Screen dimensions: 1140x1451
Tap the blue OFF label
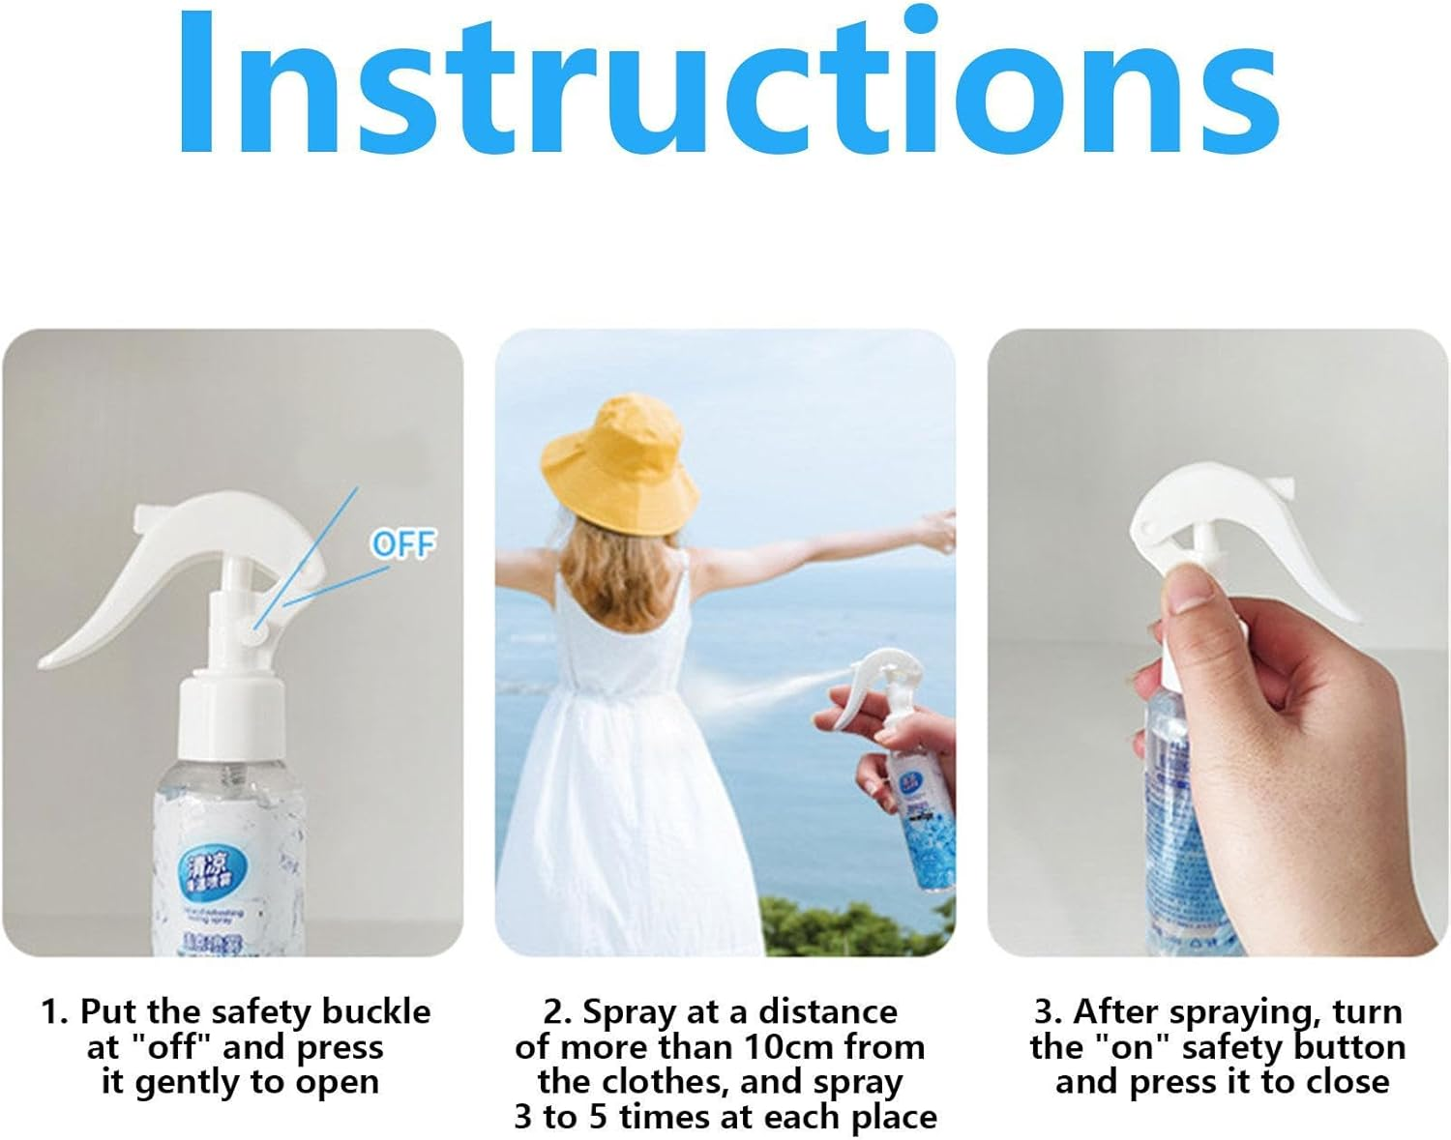[403, 544]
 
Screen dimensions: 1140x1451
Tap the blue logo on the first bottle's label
[210, 863]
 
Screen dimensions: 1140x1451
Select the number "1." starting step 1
[56, 1011]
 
